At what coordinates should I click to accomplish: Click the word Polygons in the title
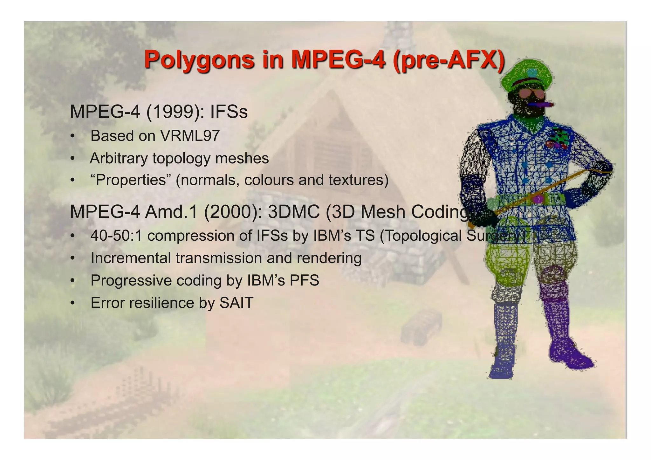(199, 60)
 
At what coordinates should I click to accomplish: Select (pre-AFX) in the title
(449, 60)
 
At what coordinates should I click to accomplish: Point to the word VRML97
(190, 136)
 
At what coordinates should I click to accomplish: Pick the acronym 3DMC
(293, 212)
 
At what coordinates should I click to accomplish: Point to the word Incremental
(131, 258)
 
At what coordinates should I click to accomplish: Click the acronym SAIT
(236, 303)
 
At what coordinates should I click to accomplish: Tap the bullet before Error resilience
(73, 303)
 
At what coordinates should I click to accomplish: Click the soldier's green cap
(526, 73)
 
